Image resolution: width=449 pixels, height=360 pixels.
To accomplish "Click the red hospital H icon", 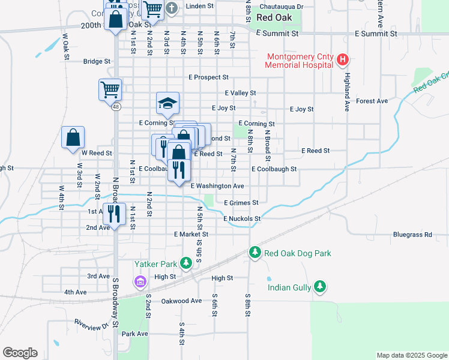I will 342,59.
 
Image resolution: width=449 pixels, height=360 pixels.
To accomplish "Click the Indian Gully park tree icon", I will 321,287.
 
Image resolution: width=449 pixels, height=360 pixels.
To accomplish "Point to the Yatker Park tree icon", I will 187,263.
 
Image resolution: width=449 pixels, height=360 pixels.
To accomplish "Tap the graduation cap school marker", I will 168,103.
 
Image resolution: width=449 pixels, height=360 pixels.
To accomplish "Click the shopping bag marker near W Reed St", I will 73,137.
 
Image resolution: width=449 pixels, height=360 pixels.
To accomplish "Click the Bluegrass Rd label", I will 412,235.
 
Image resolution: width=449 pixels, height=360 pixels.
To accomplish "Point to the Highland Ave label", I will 346,92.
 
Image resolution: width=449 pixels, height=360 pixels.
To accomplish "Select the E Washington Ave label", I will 217,186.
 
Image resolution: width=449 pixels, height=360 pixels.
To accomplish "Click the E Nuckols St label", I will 241,219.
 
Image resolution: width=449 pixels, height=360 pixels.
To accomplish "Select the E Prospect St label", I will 208,77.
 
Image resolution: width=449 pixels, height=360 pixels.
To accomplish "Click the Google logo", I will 20,353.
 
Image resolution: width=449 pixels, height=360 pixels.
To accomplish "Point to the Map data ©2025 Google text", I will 411,355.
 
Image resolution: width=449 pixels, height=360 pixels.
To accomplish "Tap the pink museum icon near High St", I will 140,281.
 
